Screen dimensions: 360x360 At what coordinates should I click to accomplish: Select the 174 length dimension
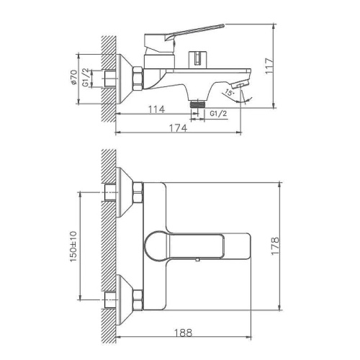(x=179, y=128)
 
